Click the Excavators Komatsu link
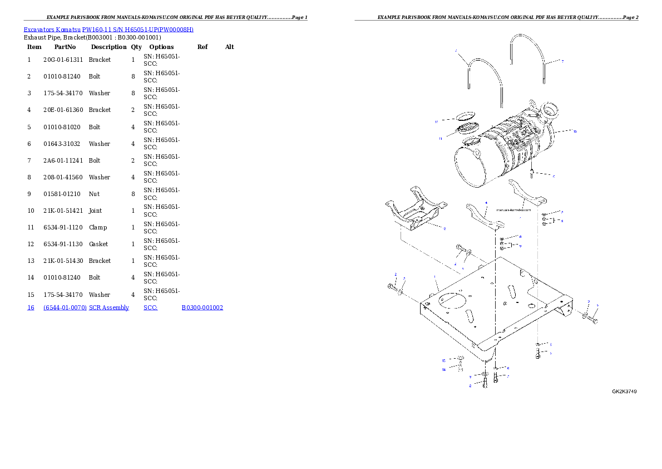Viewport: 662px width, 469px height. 52,30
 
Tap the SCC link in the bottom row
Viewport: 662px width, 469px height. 150,307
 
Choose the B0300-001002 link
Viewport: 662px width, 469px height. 202,307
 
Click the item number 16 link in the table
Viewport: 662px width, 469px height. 31,307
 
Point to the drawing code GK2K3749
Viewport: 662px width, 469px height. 624,392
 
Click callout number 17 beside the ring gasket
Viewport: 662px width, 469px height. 437,121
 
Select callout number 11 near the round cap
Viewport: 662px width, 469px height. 439,138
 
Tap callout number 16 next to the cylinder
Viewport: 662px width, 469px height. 575,131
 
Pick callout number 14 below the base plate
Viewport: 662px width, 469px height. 444,369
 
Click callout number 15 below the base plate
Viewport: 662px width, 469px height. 444,360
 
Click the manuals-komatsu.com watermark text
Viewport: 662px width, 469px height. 517,211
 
